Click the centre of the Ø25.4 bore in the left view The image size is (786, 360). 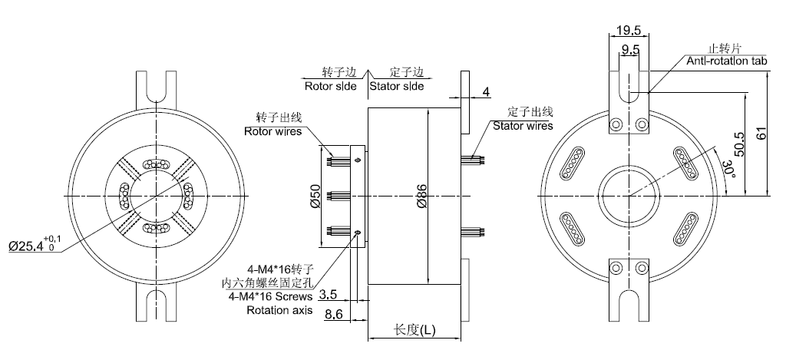tap(156, 196)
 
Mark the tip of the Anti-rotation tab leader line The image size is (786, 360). tap(647, 92)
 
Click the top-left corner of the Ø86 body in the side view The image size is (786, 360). tap(368, 107)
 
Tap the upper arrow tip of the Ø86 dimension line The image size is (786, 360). tap(428, 108)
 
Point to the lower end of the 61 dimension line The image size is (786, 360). tap(768, 196)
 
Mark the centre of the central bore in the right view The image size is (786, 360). tap(629, 196)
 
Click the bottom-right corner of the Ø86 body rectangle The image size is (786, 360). tap(461, 284)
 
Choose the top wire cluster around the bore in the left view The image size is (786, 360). tap(156, 164)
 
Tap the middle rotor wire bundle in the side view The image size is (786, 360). tap(339, 196)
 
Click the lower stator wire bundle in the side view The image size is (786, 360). tap(473, 232)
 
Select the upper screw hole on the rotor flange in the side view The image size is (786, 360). tap(358, 160)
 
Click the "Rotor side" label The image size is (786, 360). tap(331, 86)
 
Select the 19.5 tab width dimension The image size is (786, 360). tap(629, 30)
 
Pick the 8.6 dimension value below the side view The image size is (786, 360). tap(334, 315)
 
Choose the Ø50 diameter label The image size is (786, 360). tap(314, 196)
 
